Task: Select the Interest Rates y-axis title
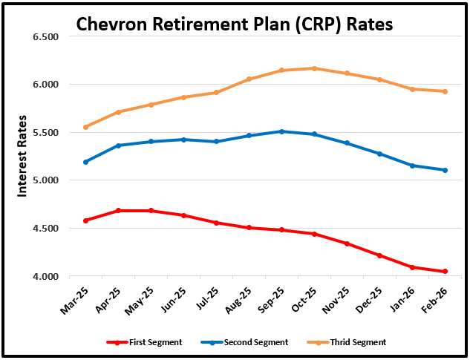coord(23,155)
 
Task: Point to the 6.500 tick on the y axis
coord(45,36)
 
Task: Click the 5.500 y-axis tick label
coord(45,132)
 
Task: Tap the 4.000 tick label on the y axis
coord(45,276)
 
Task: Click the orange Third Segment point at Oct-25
coord(314,68)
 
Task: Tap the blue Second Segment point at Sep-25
coord(281,131)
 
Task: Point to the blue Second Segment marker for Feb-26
coord(445,170)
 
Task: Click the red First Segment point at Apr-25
coord(119,211)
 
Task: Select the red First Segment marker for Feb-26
coord(445,272)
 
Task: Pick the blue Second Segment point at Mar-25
coord(86,162)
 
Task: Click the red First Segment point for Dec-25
coord(379,255)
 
